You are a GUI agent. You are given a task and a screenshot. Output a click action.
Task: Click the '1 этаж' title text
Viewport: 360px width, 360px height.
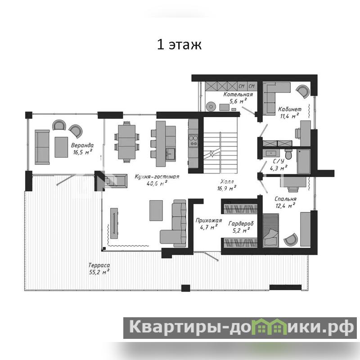pos(179,44)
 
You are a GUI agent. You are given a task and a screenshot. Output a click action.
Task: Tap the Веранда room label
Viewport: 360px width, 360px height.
pos(82,145)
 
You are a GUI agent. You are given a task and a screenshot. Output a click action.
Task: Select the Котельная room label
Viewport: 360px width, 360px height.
pos(238,94)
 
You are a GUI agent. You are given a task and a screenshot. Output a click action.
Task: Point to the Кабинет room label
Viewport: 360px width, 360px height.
pos(290,109)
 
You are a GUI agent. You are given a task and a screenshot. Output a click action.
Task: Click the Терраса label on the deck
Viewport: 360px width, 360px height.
pos(99,265)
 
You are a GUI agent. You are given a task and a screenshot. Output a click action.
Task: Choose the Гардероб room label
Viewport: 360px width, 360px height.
pos(241,223)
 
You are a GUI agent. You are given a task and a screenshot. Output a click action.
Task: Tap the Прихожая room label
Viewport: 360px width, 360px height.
pos(209,220)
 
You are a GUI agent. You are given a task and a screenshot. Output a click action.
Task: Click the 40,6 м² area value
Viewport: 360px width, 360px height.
pos(157,184)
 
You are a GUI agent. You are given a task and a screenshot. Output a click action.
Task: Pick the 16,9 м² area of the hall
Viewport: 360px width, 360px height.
pos(227,188)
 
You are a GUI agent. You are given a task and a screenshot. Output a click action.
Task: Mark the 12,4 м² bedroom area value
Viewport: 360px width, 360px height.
pos(285,206)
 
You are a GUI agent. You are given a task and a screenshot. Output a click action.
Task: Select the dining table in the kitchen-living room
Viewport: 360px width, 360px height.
pos(127,142)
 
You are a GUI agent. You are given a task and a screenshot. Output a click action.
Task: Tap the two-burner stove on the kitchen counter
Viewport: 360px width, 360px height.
pos(193,141)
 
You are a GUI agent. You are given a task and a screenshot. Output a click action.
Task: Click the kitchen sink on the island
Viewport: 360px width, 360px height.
pos(170,154)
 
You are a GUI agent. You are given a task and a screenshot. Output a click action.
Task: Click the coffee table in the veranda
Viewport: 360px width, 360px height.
pos(61,147)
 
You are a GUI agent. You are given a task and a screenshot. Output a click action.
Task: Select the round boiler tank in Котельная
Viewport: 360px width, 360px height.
pos(211,106)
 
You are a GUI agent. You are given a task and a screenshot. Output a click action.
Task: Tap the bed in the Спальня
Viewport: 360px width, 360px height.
pos(271,230)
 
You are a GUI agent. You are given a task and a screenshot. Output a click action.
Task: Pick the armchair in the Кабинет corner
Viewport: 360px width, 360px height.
pos(303,91)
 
